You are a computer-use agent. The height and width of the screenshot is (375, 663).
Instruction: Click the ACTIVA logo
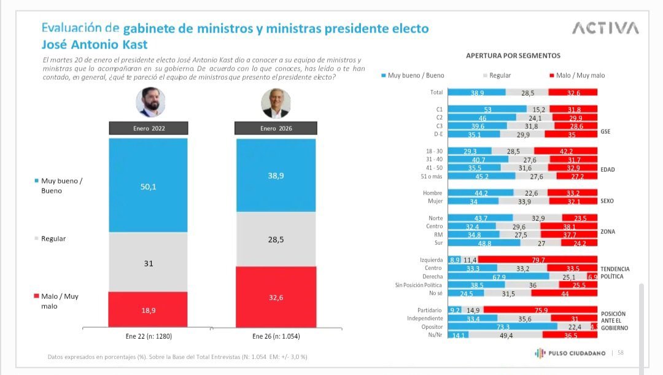[605, 28]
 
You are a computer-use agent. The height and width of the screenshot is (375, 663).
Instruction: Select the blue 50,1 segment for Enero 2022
[148, 185]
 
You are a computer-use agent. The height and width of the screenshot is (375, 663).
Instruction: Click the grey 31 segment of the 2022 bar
[148, 263]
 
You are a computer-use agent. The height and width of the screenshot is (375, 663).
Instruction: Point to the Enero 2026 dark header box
[276, 128]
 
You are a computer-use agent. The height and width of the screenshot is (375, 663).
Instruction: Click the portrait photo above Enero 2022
[150, 102]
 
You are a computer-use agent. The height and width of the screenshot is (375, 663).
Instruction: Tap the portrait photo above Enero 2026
[276, 103]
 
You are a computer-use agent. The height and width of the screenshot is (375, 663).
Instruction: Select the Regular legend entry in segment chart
[497, 75]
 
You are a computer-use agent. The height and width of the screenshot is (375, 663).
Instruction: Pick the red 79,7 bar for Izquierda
[537, 260]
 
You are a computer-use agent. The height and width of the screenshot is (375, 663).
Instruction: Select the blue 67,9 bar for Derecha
[498, 277]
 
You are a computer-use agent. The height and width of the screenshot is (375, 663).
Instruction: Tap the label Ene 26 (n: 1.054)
[276, 336]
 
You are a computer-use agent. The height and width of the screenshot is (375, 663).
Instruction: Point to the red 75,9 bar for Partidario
[541, 310]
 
